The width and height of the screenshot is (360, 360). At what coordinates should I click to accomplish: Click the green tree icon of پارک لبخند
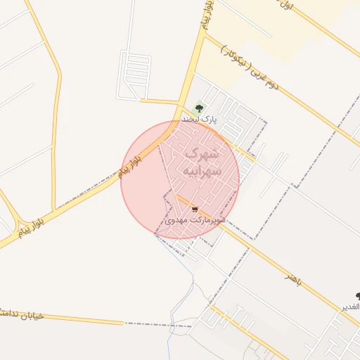pyautogui.click(x=199, y=109)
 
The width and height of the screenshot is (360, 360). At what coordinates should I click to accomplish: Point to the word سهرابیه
pyautogui.click(x=201, y=171)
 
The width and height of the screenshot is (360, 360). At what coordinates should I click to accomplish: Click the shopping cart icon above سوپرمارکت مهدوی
pyautogui.click(x=195, y=210)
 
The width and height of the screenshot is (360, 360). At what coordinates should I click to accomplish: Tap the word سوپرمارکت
pyautogui.click(x=209, y=221)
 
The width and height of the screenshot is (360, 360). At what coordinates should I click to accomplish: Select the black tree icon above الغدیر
pyautogui.click(x=358, y=297)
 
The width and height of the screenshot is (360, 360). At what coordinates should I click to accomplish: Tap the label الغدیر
pyautogui.click(x=351, y=307)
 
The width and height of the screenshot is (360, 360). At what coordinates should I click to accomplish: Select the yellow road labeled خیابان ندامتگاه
pyautogui.click(x=84, y=320)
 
